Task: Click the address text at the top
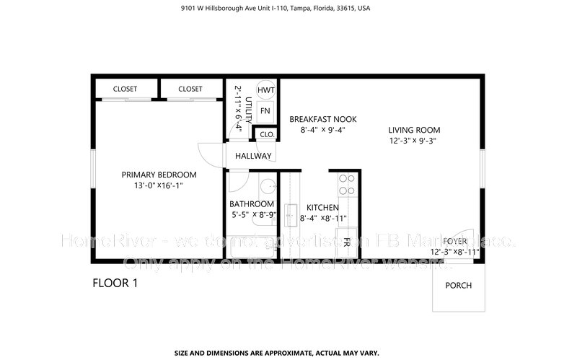[288, 9]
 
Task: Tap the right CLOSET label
[190, 89]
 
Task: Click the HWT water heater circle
[265, 90]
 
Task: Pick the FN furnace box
[265, 111]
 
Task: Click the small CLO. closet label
[265, 134]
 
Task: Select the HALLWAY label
[252, 156]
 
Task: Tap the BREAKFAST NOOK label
[322, 119]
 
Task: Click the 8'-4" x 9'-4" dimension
[322, 131]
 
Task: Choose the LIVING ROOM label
[411, 130]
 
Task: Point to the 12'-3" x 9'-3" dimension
[411, 141]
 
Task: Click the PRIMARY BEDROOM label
[159, 175]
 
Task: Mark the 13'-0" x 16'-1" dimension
[159, 186]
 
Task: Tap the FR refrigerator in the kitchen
[347, 242]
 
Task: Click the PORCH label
[458, 285]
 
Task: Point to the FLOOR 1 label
[115, 283]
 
